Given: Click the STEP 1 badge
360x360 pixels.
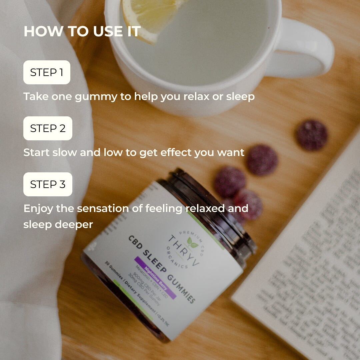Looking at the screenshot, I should [x=47, y=72].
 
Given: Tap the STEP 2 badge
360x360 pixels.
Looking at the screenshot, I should [x=48, y=128].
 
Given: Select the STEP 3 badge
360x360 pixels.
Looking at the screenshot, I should [x=48, y=184].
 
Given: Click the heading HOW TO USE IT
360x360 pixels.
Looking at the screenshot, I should [x=82, y=32].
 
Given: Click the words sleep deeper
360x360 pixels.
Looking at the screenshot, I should [x=58, y=224].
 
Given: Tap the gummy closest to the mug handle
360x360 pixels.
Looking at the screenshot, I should [x=312, y=135].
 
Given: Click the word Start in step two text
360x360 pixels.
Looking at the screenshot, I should [x=36, y=153].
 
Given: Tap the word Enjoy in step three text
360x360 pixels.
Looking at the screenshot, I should [x=38, y=209].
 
